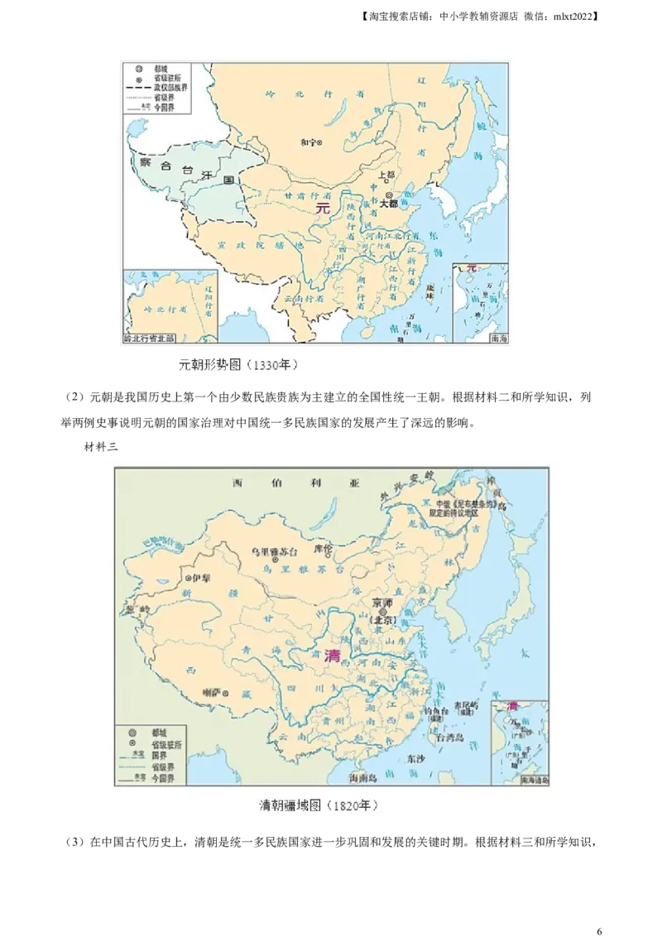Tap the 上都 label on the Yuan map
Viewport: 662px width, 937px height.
pyautogui.click(x=386, y=175)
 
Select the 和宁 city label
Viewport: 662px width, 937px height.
pyautogui.click(x=307, y=142)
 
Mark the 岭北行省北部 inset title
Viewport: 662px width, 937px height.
pyautogui.click(x=154, y=338)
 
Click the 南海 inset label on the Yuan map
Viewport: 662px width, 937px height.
pyautogui.click(x=498, y=338)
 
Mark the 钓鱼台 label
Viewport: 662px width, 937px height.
pyautogui.click(x=436, y=710)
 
